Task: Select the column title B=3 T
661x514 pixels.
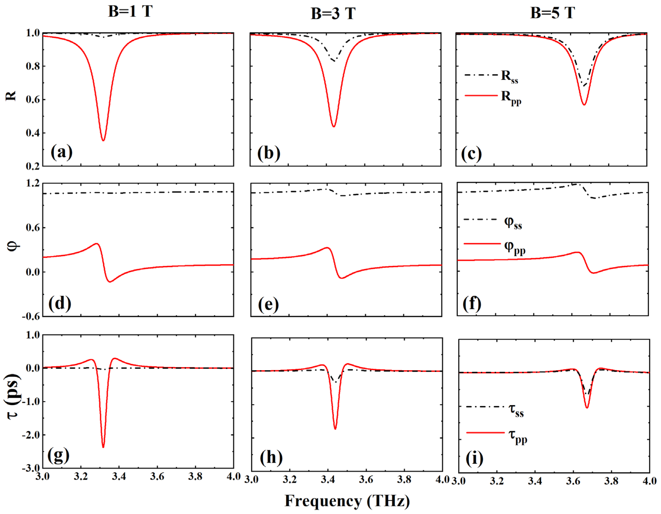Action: (x=333, y=14)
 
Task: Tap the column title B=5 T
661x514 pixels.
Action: (x=553, y=13)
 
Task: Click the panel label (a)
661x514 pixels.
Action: (x=61, y=152)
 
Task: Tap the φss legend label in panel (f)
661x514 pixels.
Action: (x=513, y=223)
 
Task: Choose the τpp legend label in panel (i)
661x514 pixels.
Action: (x=518, y=436)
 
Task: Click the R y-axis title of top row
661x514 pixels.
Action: (x=11, y=96)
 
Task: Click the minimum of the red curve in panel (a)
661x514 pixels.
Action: (x=103, y=141)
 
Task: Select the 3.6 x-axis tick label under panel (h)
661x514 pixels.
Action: (x=366, y=480)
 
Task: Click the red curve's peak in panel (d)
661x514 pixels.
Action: (x=96, y=243)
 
